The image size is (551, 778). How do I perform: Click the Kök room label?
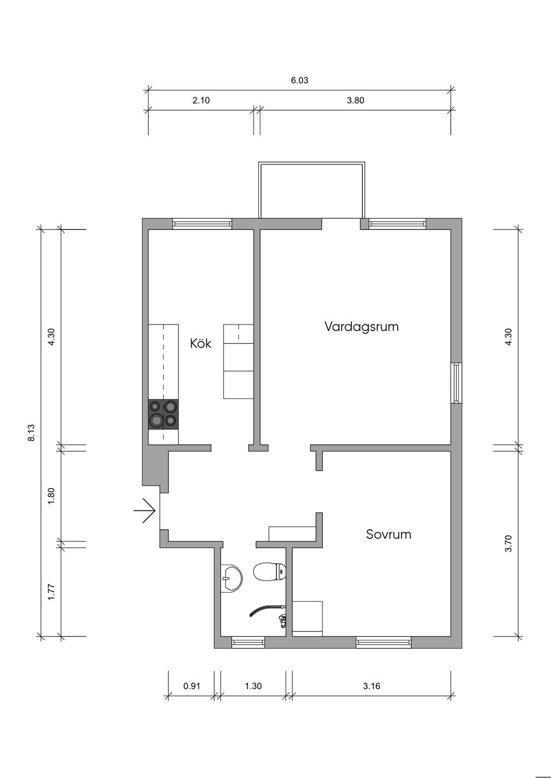pos(201,343)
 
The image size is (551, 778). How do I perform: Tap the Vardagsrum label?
pos(362,327)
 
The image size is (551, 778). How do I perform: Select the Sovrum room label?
pos(388,534)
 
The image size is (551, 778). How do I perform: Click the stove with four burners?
pos(164,414)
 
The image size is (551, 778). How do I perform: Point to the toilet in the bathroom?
pos(270,571)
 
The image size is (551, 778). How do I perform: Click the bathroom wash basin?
pos(231,577)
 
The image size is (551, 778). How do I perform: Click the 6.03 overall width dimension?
pos(300,80)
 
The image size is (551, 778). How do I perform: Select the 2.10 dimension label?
pos(201,100)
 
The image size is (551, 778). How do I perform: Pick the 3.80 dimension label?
pos(356,100)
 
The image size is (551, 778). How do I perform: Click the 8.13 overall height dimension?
pos(31,433)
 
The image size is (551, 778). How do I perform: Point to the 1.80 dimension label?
pos(51,496)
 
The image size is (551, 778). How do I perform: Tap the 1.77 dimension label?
pos(51,592)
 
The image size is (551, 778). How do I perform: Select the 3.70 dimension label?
pos(508,544)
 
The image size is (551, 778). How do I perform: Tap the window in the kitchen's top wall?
pos(202,224)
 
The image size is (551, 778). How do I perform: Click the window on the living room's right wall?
pos(457,383)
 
